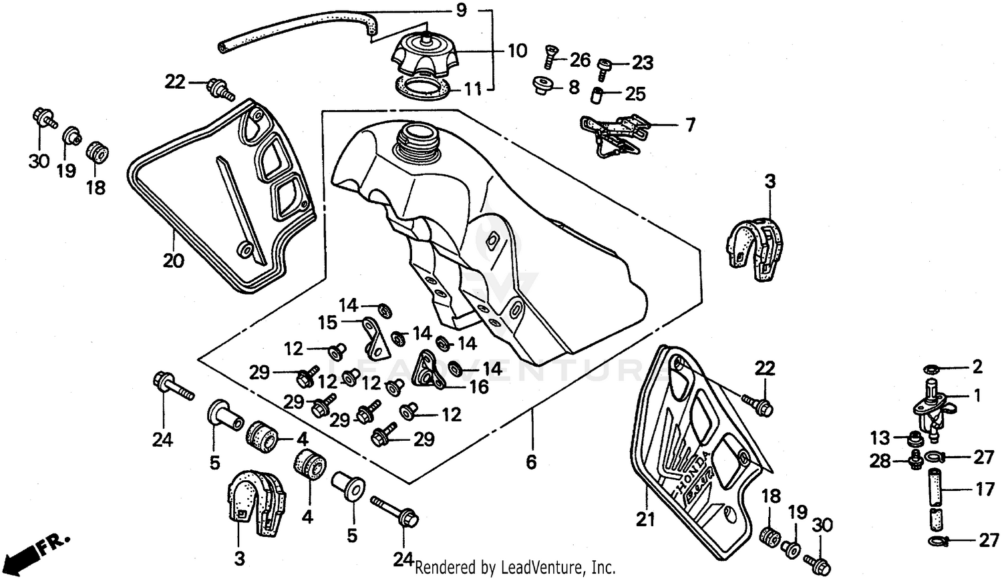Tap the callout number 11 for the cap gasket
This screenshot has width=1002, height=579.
pos(473,89)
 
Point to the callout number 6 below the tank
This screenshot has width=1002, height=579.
pos(531,461)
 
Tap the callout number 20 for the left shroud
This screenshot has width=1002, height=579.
pos(173,260)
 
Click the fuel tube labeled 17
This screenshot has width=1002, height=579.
pos(935,488)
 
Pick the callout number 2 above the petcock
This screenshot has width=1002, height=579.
pos(977,367)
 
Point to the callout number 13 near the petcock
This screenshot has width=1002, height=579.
pos(880,438)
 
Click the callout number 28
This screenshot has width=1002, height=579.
pos(880,461)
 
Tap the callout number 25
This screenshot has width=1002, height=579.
pos(635,93)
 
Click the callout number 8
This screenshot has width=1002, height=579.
pos(574,87)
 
